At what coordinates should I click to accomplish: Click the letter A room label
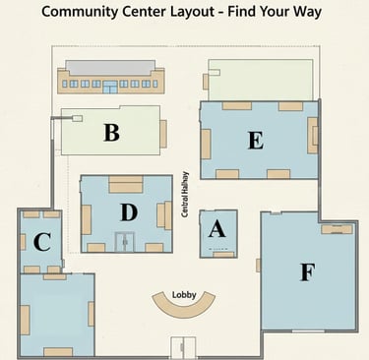point(216,229)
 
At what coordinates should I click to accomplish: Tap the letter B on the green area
point(111,132)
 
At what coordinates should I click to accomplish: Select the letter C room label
point(42,242)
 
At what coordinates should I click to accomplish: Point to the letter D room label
point(129,212)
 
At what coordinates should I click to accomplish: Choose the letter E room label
point(256,141)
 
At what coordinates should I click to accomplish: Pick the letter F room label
point(308,272)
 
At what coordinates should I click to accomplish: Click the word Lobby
point(184,295)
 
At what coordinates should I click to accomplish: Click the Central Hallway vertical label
point(185,194)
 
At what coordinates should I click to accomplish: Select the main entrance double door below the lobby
point(183,347)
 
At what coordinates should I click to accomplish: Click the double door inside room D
point(125,242)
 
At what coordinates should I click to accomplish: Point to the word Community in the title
point(80,12)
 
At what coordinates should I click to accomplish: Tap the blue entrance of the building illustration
point(110,87)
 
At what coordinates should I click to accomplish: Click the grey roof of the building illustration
point(110,68)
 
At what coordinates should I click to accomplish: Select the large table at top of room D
point(126,184)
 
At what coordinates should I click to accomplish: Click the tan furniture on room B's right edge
point(163,134)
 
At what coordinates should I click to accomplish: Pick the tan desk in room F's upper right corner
point(337,229)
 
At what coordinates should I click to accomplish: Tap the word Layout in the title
point(192,12)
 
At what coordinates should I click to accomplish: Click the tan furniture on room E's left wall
point(206,144)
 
